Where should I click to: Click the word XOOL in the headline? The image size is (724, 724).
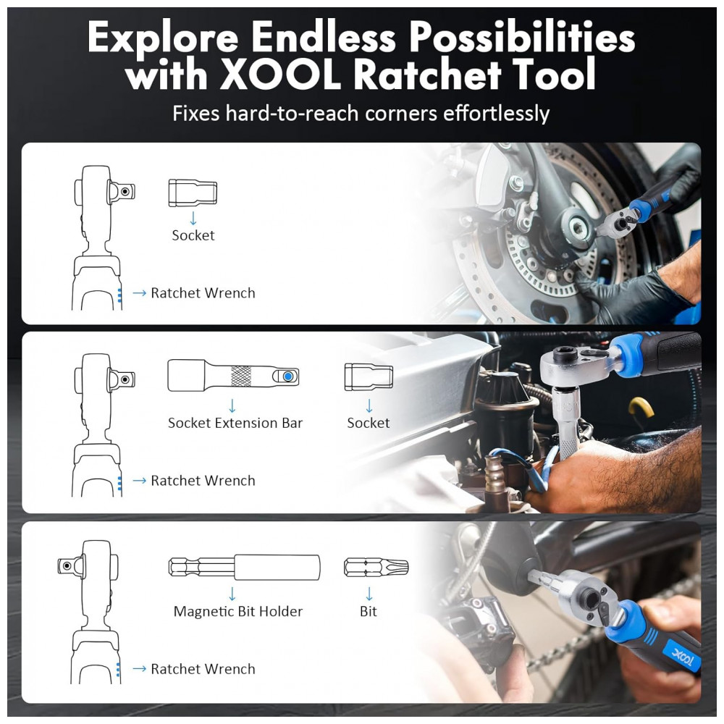280,74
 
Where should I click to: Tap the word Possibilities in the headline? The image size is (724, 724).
522,37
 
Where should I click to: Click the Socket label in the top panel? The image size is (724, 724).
193,235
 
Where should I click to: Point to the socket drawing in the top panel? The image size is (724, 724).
193,193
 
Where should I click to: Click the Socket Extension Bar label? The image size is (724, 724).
235,423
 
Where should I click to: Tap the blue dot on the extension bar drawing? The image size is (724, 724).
288,376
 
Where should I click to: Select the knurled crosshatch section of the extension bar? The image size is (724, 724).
240,376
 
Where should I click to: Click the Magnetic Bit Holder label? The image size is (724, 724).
237,611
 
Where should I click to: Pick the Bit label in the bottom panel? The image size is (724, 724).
369,611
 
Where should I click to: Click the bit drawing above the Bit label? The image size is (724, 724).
376,568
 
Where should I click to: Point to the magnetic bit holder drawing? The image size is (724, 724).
244,567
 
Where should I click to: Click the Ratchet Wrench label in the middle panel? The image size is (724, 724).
203,481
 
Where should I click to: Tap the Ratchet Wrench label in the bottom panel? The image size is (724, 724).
203,669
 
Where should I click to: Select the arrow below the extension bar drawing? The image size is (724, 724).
232,406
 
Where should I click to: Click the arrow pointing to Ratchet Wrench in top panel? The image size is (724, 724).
140,292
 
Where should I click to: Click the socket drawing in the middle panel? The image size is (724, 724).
369,376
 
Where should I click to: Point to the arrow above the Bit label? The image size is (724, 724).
369,594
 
